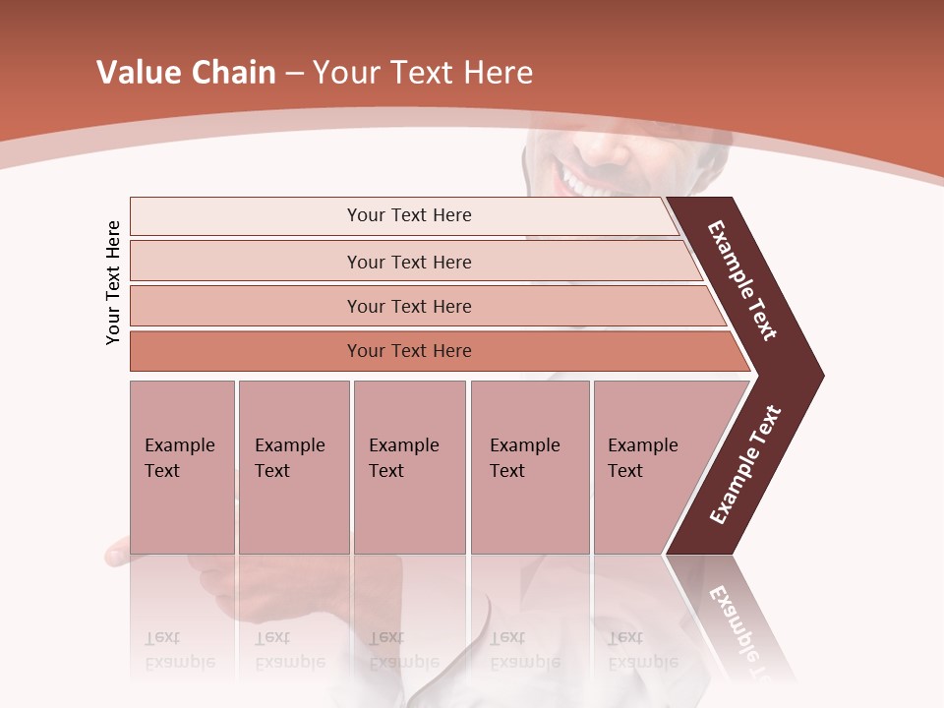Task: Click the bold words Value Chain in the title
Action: click(186, 73)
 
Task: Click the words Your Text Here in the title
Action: click(423, 73)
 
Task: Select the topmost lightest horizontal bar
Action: click(409, 215)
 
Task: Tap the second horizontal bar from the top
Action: click(409, 262)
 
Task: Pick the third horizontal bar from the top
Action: click(409, 306)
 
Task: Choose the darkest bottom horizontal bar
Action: click(409, 351)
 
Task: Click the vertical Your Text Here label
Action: click(113, 282)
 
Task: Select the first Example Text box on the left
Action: click(182, 466)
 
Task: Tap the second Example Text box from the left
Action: click(293, 466)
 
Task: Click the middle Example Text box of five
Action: click(409, 466)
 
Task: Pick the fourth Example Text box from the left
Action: click(530, 466)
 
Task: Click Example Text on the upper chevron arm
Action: click(742, 280)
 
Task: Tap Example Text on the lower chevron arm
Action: click(745, 465)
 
